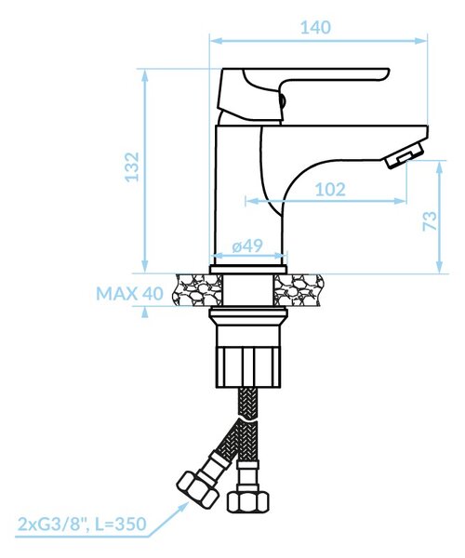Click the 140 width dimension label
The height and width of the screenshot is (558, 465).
pos(315,27)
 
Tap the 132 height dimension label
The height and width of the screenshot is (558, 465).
pos(132,166)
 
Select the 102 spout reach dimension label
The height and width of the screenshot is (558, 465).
pos(330,190)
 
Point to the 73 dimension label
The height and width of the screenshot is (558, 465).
pos(429,220)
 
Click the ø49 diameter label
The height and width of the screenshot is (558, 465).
pos(247,246)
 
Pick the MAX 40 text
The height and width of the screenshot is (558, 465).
pos(129,294)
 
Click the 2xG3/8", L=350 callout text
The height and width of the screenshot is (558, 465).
pos(82,524)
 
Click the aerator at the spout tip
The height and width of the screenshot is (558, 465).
pos(405,156)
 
